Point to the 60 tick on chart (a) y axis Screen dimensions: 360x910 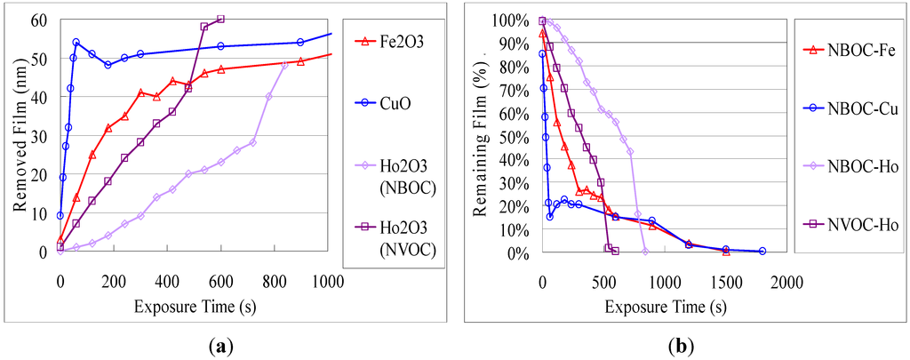[41, 20]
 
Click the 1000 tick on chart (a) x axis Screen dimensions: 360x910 [330, 283]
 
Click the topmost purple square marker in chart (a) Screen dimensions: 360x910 [221, 19]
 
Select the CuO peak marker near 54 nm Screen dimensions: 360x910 [76, 42]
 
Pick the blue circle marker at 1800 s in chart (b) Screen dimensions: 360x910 [762, 251]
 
